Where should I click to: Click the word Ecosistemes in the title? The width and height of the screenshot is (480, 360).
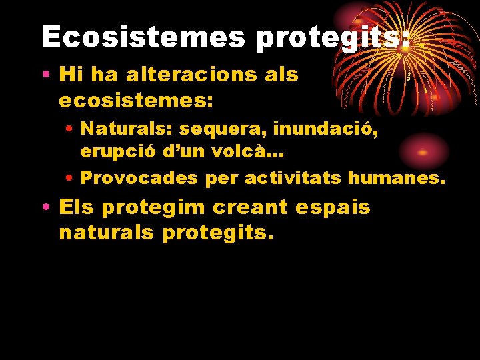[143, 37]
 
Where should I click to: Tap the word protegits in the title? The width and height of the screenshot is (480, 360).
[332, 38]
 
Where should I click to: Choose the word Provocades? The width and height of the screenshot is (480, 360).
[139, 178]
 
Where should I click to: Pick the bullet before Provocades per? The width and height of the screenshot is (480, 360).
[69, 179]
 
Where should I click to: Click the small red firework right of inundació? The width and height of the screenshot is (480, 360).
[421, 151]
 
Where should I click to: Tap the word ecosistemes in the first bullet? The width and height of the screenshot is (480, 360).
[136, 101]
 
